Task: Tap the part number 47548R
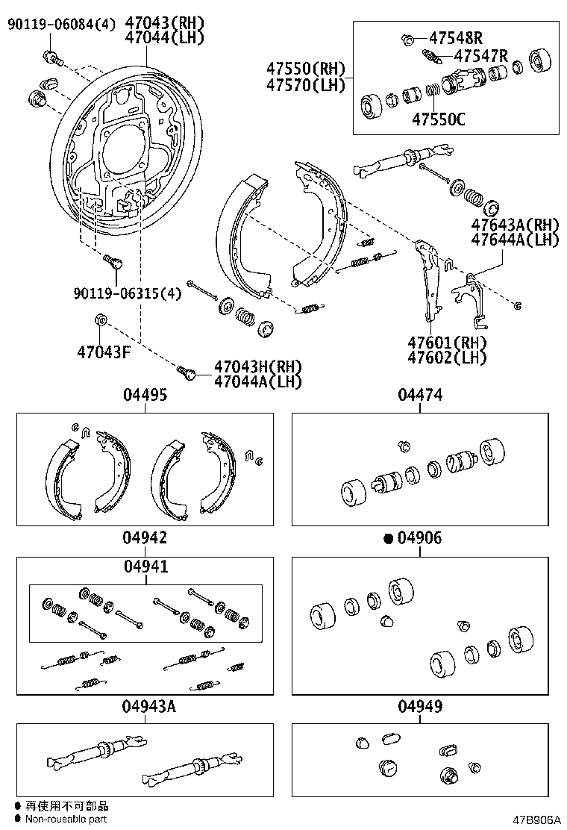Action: click(457, 37)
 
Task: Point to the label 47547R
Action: click(480, 55)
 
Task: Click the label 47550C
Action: click(439, 117)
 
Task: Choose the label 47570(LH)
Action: click(306, 84)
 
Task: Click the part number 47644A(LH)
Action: click(515, 239)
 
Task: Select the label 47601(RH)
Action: click(447, 343)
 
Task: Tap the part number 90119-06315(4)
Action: click(128, 293)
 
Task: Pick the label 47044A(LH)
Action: click(257, 381)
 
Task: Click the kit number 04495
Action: click(145, 396)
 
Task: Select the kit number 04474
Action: click(420, 396)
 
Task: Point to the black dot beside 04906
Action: click(388, 538)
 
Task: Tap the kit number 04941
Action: click(145, 567)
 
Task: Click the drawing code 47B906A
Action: click(536, 820)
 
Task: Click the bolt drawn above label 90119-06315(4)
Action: click(112, 261)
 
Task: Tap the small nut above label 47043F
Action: click(101, 321)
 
